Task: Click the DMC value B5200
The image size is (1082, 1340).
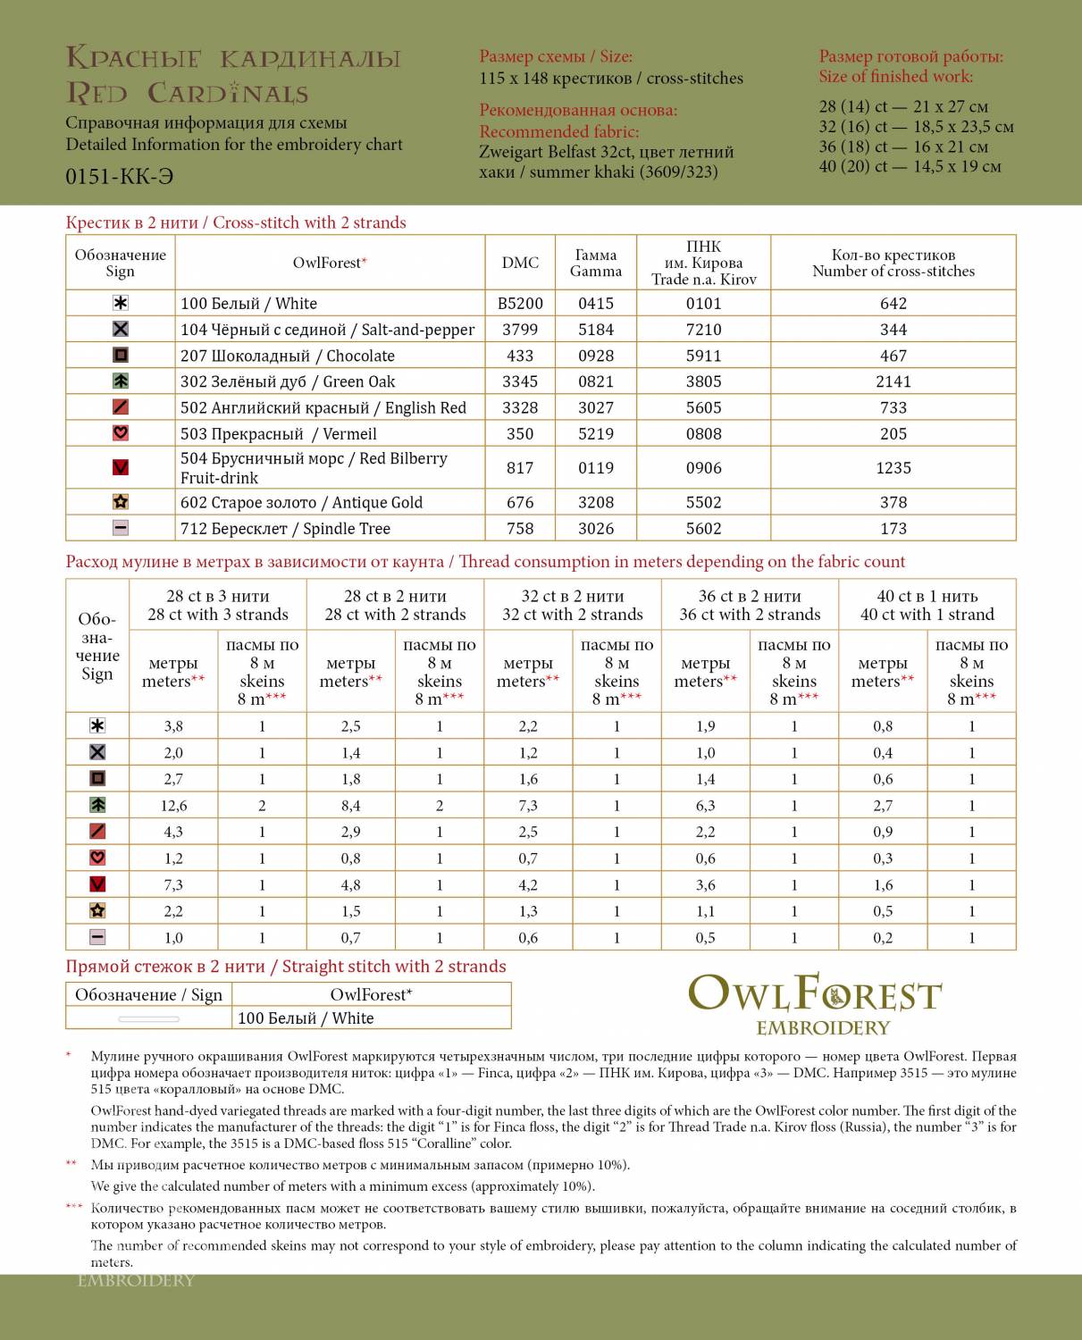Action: click(520, 304)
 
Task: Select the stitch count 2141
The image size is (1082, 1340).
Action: click(893, 381)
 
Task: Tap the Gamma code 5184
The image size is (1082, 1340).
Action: click(596, 330)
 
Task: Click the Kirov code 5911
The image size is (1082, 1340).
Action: click(703, 356)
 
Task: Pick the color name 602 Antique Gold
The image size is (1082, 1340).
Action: click(301, 503)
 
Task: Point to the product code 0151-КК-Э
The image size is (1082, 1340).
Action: click(120, 176)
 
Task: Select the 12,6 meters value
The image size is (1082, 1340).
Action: click(173, 806)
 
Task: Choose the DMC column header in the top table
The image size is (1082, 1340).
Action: click(520, 263)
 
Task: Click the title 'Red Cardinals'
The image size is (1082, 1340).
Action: click(188, 93)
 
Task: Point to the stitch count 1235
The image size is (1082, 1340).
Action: click(893, 468)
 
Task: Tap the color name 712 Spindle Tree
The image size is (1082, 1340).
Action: click(285, 529)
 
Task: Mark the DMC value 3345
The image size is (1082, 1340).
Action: click(520, 381)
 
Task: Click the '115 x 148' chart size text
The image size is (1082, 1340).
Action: click(611, 79)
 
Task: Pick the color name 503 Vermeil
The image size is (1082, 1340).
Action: click(278, 434)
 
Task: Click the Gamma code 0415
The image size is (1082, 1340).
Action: click(596, 304)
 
